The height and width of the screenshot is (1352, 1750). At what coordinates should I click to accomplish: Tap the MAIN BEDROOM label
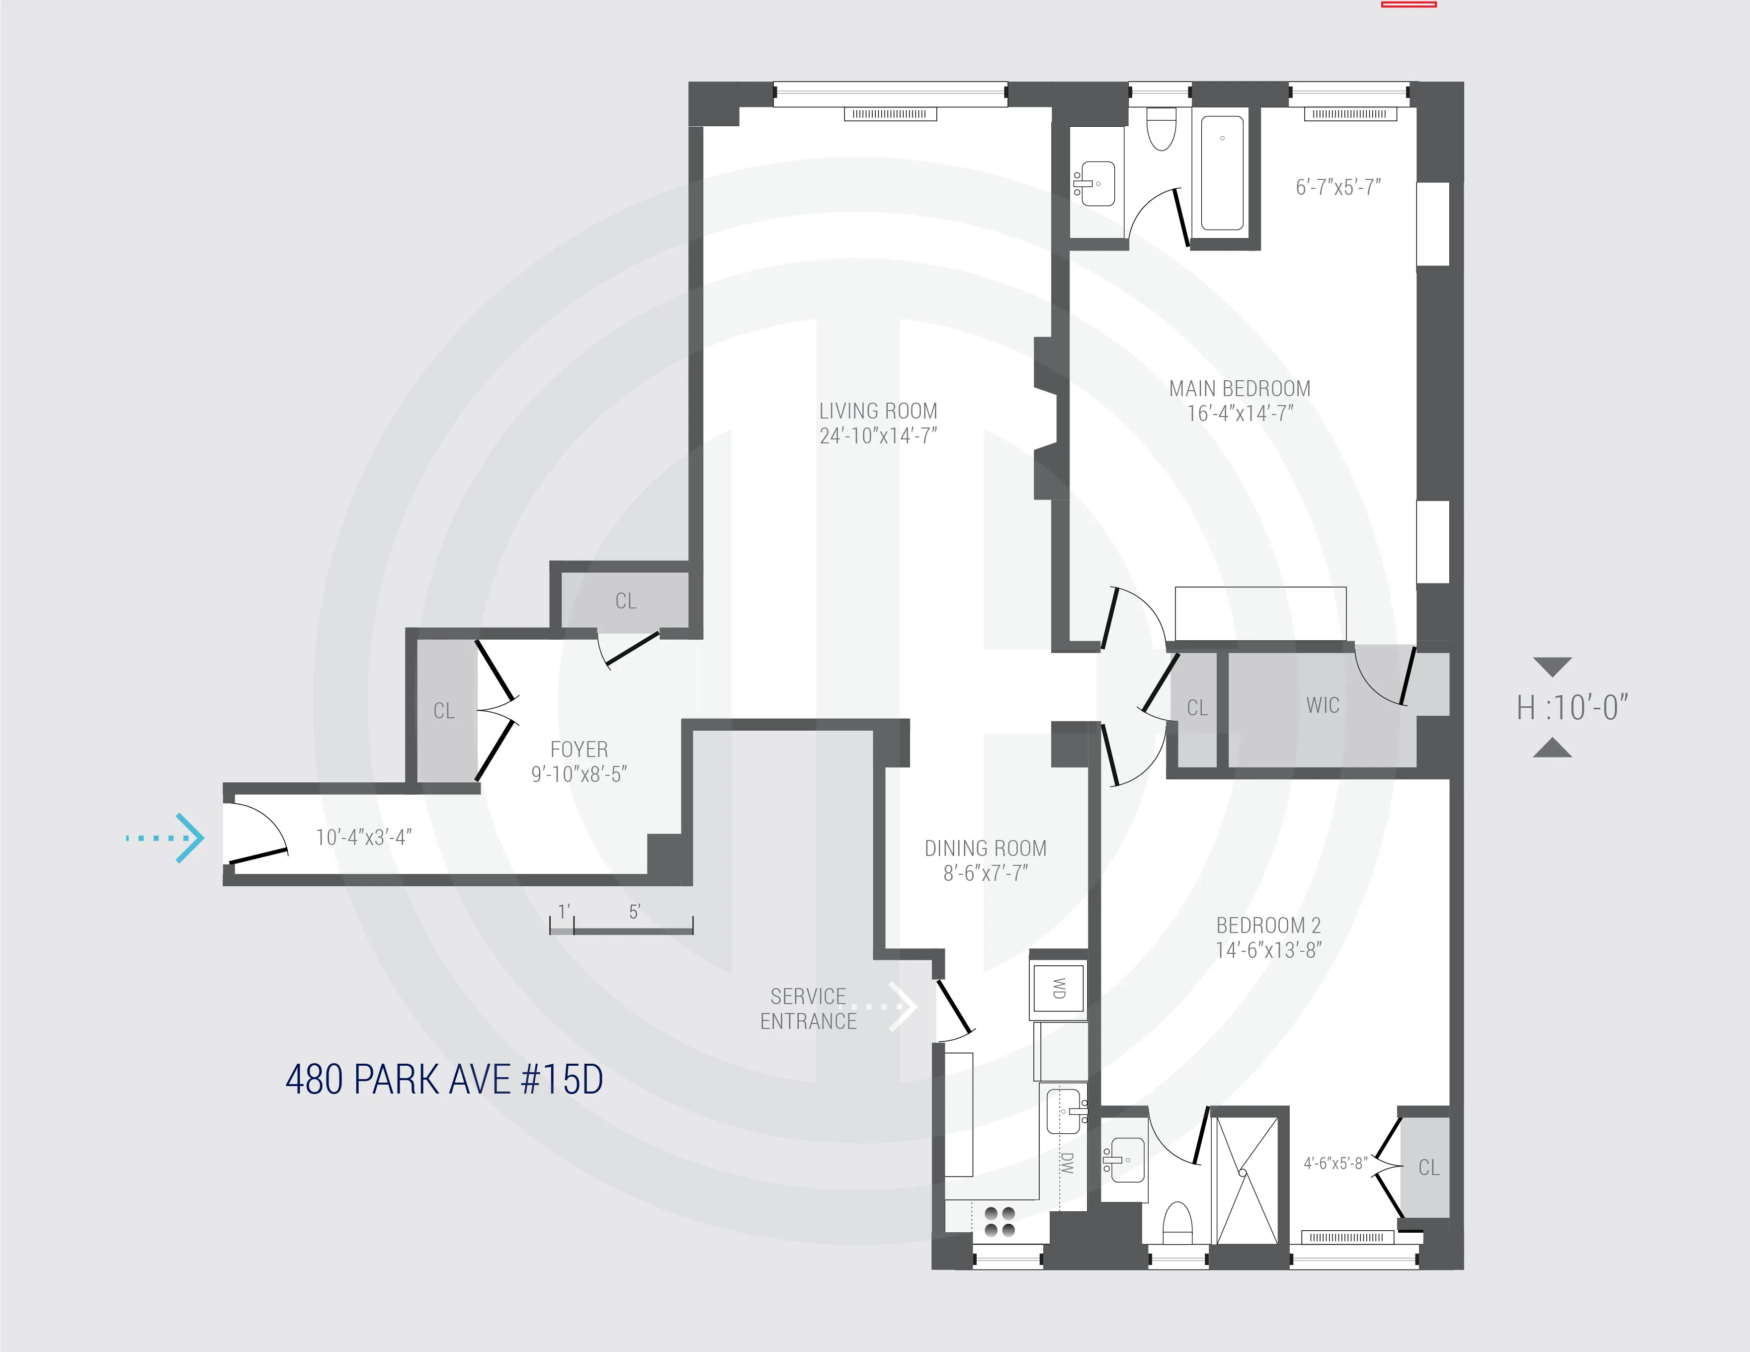click(1240, 389)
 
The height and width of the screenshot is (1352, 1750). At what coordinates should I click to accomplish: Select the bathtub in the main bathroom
click(1222, 173)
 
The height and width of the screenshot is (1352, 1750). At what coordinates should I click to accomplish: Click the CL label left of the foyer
click(444, 711)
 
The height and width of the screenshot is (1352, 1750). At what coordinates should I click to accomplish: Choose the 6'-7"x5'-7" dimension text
click(1338, 187)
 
